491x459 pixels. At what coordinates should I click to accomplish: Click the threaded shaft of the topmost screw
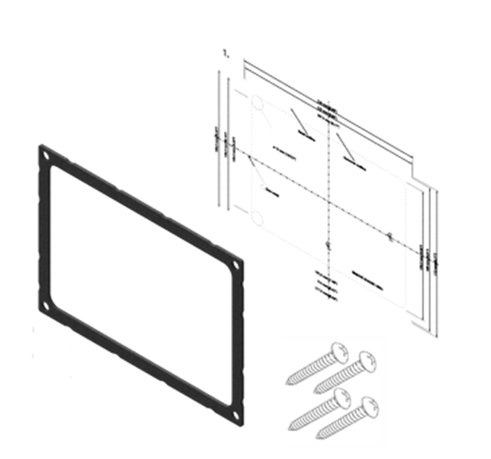[312, 366]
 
